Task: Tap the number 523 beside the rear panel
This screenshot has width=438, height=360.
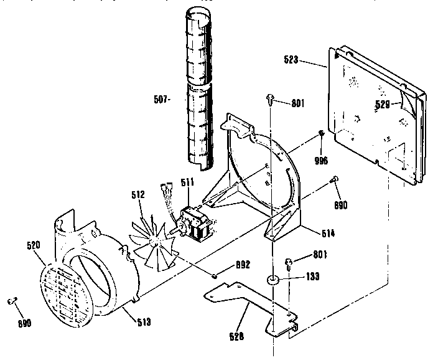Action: [x=291, y=60]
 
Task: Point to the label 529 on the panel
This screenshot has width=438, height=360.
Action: [x=383, y=105]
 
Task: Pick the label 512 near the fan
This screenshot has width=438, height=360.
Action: [x=137, y=194]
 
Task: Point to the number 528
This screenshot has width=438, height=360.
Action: [x=235, y=337]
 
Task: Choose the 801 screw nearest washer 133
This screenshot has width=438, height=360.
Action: [x=289, y=262]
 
